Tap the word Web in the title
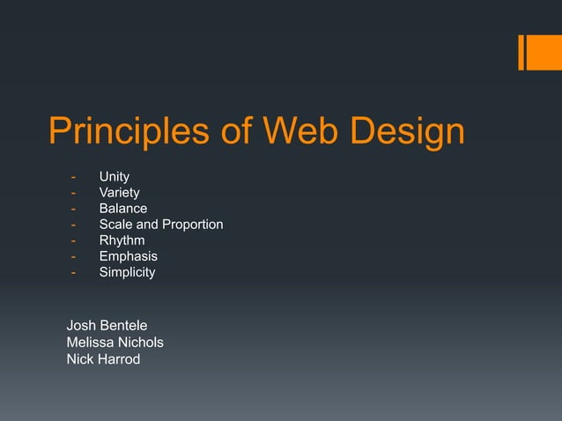click(x=299, y=132)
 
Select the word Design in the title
click(x=406, y=132)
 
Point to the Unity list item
click(x=115, y=177)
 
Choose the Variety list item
click(x=119, y=193)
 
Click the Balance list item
click(x=123, y=209)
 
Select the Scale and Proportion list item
click(x=161, y=225)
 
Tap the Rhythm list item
click(x=122, y=240)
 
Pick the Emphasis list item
click(x=128, y=256)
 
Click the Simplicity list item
click(x=127, y=272)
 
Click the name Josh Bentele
click(x=107, y=326)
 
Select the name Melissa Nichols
click(x=115, y=342)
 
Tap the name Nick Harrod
click(x=103, y=358)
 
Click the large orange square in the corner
click(x=544, y=52)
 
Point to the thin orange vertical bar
click(x=521, y=52)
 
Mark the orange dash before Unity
click(x=74, y=177)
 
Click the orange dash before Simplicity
click(x=74, y=272)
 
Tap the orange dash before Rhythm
click(x=74, y=240)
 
